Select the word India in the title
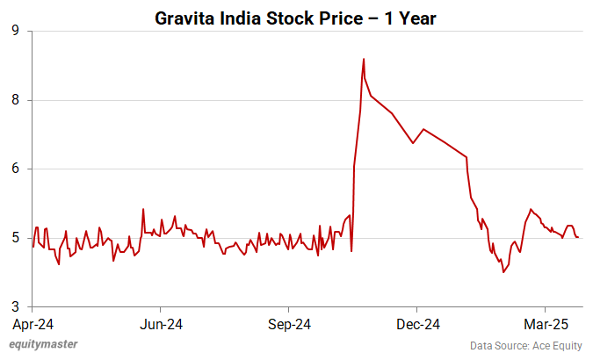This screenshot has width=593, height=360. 245,17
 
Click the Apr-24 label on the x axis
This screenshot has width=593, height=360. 33,324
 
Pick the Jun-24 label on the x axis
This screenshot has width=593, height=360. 162,324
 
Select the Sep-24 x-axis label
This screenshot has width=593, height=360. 290,324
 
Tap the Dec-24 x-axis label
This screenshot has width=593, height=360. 418,324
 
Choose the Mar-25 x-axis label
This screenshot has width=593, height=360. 546,324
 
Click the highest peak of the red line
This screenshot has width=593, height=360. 364,59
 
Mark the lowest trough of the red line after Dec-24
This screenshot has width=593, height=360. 503,272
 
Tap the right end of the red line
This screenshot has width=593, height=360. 578,237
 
